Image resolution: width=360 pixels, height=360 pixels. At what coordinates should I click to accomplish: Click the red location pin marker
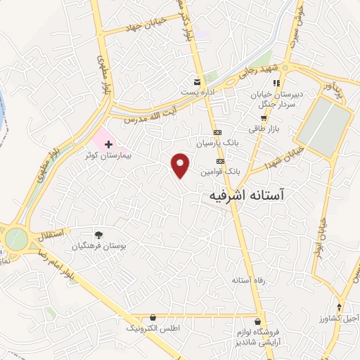click(x=181, y=165)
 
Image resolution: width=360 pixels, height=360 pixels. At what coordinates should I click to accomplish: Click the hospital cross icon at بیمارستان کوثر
click(x=108, y=144)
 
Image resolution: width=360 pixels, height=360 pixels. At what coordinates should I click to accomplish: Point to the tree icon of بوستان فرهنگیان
click(x=98, y=235)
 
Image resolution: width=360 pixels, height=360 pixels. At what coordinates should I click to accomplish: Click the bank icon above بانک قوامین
click(x=219, y=161)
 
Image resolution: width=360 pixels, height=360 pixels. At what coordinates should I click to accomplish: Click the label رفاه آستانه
click(x=247, y=281)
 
